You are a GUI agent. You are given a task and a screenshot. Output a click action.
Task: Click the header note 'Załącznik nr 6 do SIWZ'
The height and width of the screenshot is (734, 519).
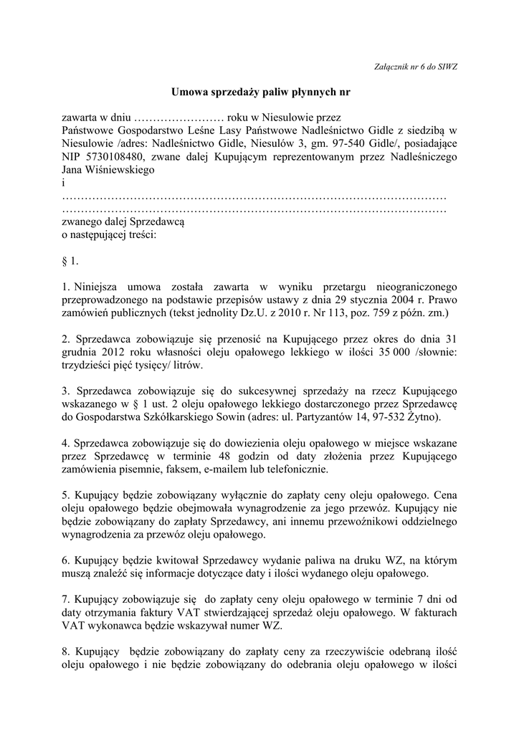pyautogui.click(x=416, y=67)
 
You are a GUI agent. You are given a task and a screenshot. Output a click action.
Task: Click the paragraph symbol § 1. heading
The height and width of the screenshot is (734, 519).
pyautogui.click(x=69, y=261)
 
